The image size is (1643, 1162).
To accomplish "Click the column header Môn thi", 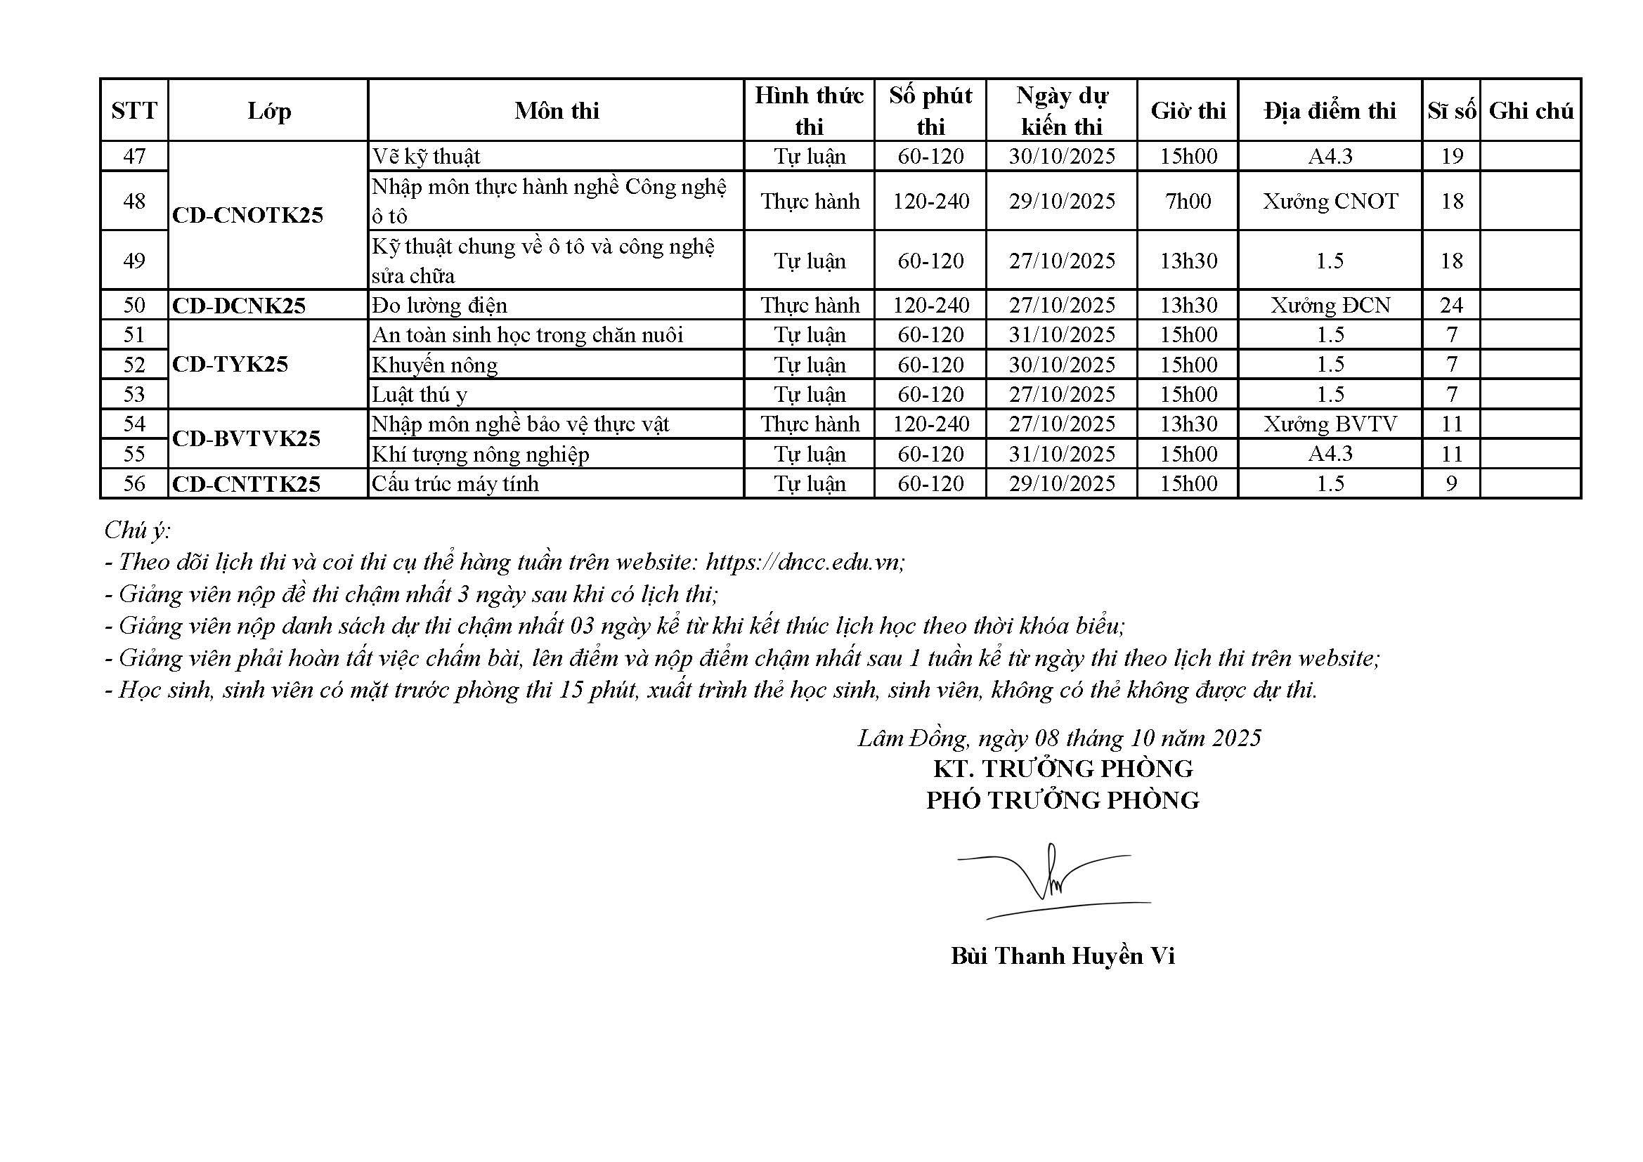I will (556, 111).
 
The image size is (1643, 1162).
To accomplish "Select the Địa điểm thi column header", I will (1330, 111).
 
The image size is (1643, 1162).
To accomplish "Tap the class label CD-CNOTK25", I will (247, 216).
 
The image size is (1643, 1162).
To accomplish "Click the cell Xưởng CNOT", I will (1330, 202).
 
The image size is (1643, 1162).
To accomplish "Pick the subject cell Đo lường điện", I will (439, 306).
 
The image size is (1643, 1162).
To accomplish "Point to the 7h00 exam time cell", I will (1188, 202).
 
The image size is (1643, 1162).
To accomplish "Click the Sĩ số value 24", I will (1451, 306).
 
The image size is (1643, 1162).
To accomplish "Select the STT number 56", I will (134, 483).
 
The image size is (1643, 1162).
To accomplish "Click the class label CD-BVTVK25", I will (246, 438).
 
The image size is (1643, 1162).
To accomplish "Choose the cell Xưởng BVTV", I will (1330, 424).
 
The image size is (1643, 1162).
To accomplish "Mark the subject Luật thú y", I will (420, 395).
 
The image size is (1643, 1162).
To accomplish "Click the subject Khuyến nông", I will (434, 365).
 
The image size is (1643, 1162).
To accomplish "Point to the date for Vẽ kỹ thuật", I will (1061, 157).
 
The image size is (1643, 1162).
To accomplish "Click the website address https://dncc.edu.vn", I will (805, 563).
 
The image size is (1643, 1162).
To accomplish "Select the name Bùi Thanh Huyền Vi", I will (1062, 957).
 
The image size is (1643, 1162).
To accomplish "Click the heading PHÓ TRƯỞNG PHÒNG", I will (1062, 800).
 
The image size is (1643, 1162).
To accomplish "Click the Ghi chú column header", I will (1531, 111).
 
